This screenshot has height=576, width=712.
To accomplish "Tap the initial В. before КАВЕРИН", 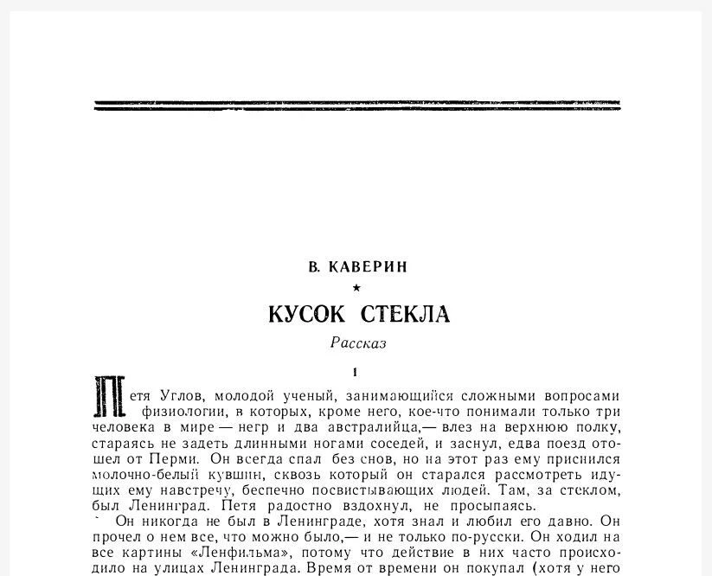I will click(x=314, y=267).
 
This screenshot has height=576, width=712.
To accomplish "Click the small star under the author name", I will click(x=356, y=289).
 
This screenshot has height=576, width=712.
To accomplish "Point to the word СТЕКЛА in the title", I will click(x=405, y=314).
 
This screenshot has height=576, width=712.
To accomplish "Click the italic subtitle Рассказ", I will click(x=358, y=343).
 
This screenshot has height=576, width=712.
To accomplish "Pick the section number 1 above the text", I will click(x=356, y=373).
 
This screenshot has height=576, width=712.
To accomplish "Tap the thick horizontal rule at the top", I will click(x=356, y=106).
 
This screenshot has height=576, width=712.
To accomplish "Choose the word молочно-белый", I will click(x=142, y=475).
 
